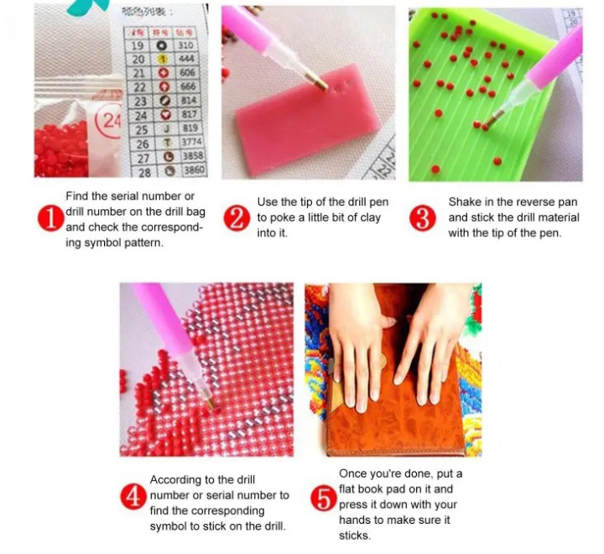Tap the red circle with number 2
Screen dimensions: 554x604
click(x=238, y=218)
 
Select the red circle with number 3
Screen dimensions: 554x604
click(x=423, y=218)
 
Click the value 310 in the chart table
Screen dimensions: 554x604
click(x=186, y=45)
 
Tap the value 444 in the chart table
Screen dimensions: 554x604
click(x=186, y=60)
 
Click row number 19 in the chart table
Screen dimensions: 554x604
click(x=138, y=45)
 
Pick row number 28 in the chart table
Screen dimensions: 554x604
click(x=144, y=171)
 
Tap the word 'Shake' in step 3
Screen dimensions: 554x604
click(x=464, y=202)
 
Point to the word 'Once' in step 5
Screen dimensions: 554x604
click(x=352, y=474)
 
